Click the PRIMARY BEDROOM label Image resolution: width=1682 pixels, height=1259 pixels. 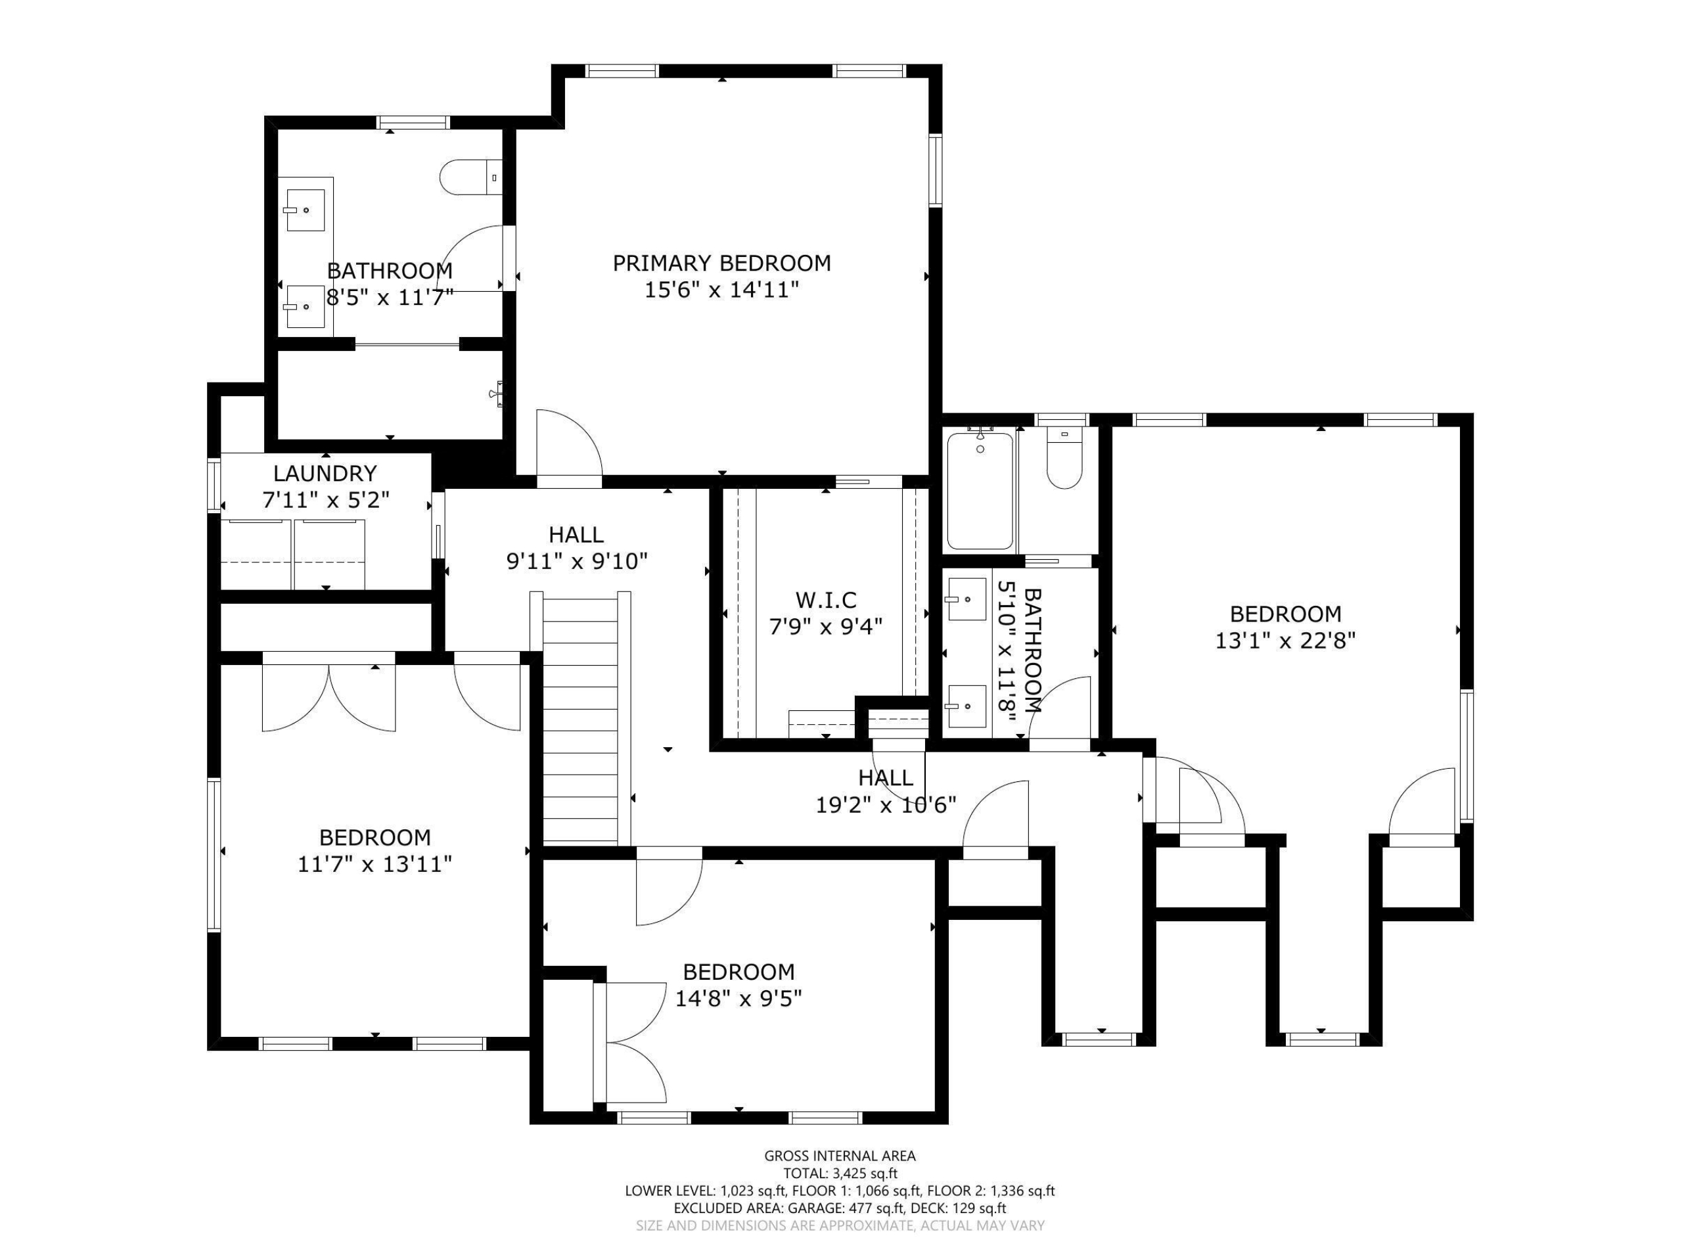tap(721, 263)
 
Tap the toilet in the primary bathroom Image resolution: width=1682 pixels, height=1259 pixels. tap(469, 177)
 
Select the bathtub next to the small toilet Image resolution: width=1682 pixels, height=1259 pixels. tap(980, 490)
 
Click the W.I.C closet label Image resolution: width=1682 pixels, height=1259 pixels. tap(826, 600)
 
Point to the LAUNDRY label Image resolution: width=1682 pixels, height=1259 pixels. tap(325, 474)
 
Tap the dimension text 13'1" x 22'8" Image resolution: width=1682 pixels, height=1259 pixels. tap(1285, 641)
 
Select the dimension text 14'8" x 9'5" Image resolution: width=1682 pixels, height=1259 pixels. tap(739, 998)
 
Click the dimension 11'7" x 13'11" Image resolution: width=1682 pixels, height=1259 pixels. tap(375, 865)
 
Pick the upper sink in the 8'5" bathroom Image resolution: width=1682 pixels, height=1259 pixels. tap(306, 210)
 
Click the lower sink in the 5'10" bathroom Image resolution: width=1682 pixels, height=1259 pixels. tap(966, 706)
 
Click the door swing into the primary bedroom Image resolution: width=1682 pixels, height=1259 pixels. tap(569, 447)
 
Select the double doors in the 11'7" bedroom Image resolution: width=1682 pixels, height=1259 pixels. tap(329, 698)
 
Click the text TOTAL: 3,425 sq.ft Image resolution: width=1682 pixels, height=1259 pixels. tap(840, 1174)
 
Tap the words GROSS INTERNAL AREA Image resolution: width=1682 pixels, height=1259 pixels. tap(840, 1156)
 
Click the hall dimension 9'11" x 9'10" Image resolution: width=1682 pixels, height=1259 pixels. tap(576, 561)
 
